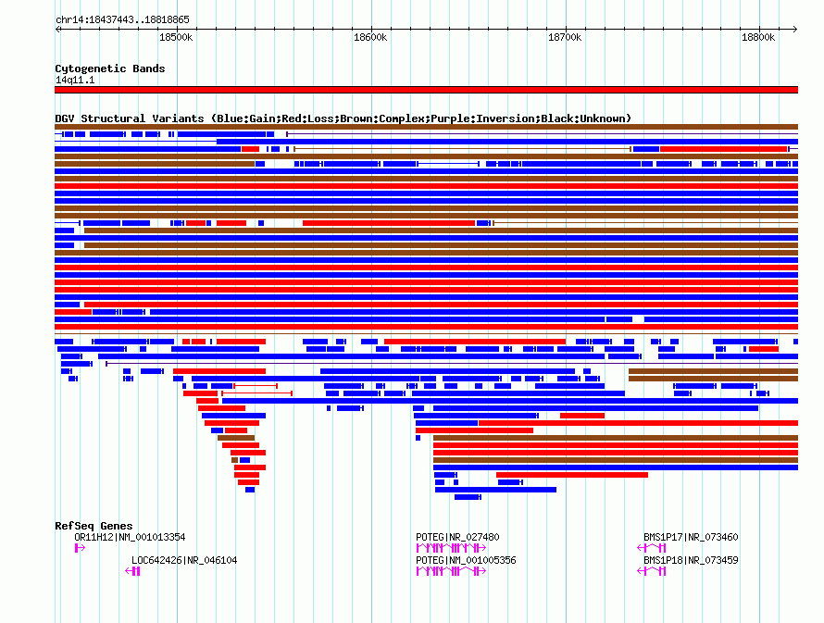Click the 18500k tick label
pos(176,37)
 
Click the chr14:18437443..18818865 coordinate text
pos(122,19)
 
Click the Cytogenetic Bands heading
pos(109,69)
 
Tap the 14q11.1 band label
pos(74,80)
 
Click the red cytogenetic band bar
pos(426,90)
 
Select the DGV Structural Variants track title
pos(343,118)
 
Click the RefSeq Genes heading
pos(94,526)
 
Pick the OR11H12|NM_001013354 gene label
pos(130,537)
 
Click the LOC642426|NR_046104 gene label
pos(184,560)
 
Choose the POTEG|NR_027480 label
pos(457,537)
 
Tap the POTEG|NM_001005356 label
pos(466,560)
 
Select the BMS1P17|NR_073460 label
pos(691,537)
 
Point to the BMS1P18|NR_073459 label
pos(691,560)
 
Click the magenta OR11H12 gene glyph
pos(80,548)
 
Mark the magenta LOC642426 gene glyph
pos(133,571)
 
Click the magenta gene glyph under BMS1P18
pos(652,571)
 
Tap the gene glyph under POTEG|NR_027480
pos(451,548)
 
